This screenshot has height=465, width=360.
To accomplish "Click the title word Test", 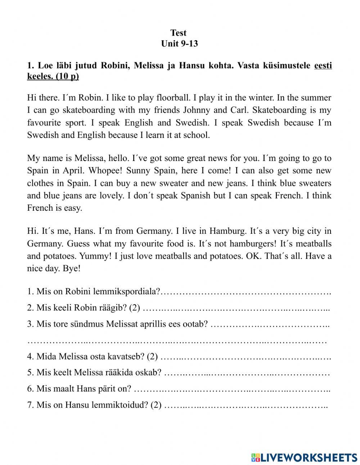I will tap(178, 33).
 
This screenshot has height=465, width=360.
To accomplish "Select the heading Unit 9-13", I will tap(179, 44).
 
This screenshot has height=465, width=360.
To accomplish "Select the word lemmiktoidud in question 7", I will tap(121, 405).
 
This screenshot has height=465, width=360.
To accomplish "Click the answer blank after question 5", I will tap(247, 373).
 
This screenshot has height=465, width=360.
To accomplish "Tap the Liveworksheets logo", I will tap(304, 457).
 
